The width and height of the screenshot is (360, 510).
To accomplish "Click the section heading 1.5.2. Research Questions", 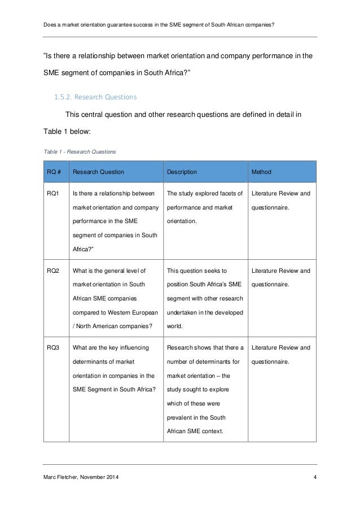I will [95, 97].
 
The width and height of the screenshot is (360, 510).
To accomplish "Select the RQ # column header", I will [54, 171].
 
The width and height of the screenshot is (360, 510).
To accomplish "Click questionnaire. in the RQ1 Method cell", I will [270, 207].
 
